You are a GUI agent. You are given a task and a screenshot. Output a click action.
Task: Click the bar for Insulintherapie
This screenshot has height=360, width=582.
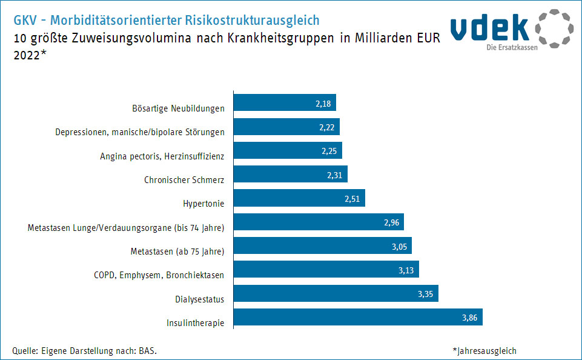coord(357,317)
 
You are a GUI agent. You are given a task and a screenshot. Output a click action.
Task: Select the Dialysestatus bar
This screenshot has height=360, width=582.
coord(336,293)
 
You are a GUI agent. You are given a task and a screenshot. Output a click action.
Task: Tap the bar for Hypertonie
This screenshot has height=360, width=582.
coord(299,198)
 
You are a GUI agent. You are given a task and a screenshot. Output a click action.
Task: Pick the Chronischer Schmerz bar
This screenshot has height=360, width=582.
coord(290,175)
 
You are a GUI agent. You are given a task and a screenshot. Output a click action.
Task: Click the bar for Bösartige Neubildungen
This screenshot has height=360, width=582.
coord(284,103)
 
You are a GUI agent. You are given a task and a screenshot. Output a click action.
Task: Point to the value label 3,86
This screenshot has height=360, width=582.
coord(470,318)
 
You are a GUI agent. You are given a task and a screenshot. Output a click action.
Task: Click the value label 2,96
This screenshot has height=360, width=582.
coord(391,222)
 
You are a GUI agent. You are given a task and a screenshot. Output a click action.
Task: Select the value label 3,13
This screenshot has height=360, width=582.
coord(406,270)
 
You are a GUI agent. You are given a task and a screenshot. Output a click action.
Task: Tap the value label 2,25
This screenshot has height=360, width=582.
coord(329,151)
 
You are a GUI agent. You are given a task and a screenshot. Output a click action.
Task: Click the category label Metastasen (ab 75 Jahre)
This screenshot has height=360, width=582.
coord(177,252)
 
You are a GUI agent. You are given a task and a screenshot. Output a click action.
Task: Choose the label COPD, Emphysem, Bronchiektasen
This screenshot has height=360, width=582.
coord(159,275)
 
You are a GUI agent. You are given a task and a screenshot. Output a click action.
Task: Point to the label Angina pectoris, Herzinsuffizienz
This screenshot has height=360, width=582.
coord(162,156)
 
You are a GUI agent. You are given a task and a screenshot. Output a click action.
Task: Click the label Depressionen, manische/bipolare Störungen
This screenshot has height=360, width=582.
coord(140,132)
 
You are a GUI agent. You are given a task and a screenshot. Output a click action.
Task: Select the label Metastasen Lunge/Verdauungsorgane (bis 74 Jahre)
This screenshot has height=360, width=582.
coord(126,228)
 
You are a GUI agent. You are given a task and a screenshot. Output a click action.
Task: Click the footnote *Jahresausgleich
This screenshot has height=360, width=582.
coord(484,351)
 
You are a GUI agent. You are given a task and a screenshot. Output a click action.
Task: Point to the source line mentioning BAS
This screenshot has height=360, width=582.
coord(88,351)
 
